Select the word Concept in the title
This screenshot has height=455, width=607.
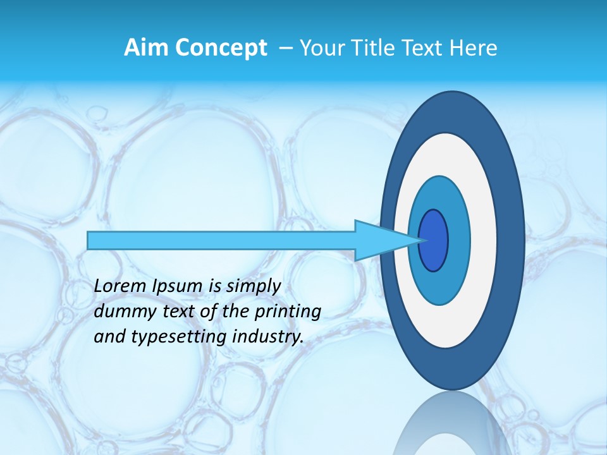tap(221, 47)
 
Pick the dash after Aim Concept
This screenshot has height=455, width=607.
tap(285, 48)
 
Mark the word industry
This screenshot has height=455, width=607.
tap(269, 337)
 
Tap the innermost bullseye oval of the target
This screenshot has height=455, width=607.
tap(434, 241)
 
